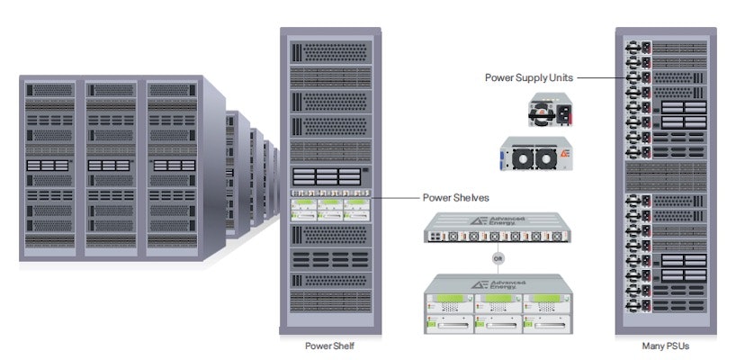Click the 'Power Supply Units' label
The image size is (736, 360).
(528, 77)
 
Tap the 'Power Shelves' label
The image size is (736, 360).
(456, 197)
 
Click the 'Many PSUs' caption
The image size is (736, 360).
(666, 345)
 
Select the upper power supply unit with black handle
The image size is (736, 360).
(550, 112)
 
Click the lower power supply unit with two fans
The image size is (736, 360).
(536, 155)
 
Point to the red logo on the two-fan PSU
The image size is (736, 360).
(564, 155)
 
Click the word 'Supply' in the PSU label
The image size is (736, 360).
(530, 77)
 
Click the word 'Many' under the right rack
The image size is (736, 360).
(653, 345)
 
